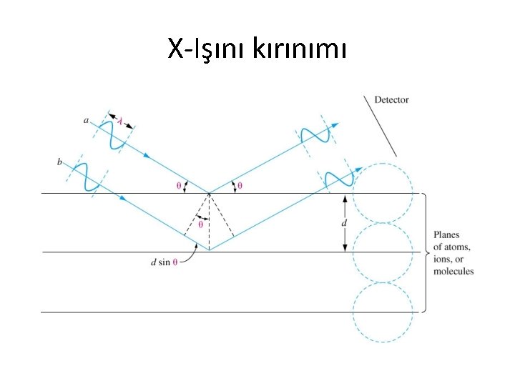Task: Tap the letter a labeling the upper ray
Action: tap(87, 121)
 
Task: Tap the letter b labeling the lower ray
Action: tap(59, 163)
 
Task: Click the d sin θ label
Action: tap(165, 262)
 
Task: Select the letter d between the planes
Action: tap(345, 222)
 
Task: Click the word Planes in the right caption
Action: tap(447, 234)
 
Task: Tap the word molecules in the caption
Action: tap(453, 272)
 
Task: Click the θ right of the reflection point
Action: tap(240, 185)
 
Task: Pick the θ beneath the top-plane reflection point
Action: tap(201, 224)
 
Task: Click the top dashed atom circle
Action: tap(384, 193)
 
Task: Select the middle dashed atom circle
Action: tap(384, 252)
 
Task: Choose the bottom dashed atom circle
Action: tap(384, 312)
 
